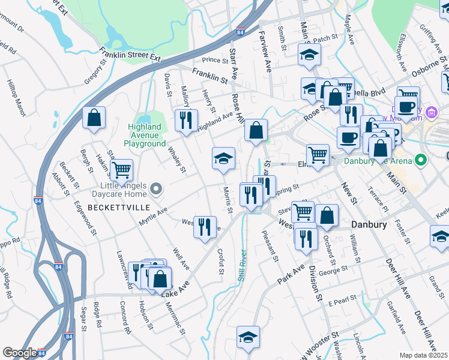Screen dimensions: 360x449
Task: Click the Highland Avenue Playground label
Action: click(145, 135)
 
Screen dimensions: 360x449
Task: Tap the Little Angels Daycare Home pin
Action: click(156, 190)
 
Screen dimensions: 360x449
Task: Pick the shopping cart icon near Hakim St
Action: click(122, 170)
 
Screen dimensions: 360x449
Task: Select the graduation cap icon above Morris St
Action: click(223, 159)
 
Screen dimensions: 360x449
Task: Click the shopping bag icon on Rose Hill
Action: click(256, 130)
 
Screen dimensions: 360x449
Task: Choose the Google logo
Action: click(20, 353)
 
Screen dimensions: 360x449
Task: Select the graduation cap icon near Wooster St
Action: click(247, 337)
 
